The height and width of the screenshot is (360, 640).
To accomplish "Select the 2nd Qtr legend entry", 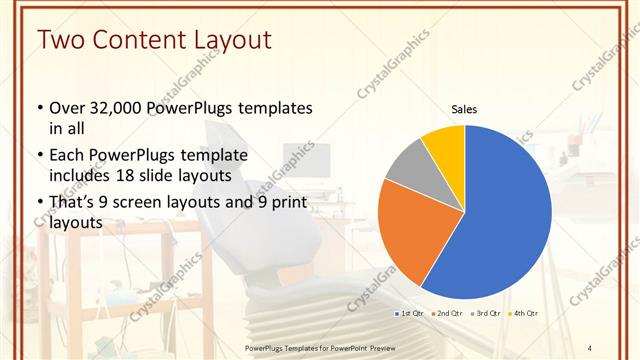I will pyautogui.click(x=446, y=313).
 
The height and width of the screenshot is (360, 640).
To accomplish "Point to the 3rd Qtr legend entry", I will pyautogui.click(x=485, y=313).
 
